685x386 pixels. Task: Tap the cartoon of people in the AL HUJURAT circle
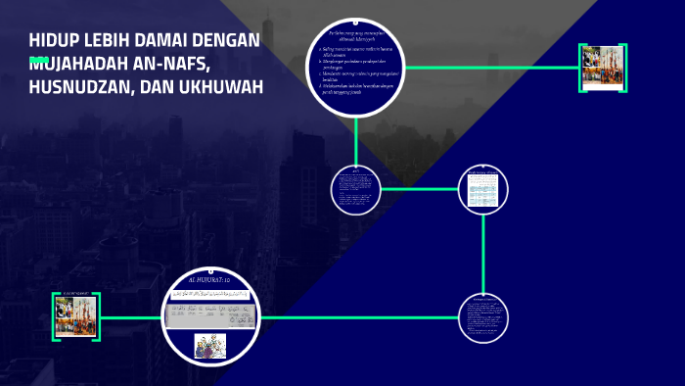(209, 346)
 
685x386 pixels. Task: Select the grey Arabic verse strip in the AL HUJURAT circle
(209, 316)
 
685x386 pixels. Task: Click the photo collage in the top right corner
(603, 68)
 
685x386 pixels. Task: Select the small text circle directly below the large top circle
(357, 189)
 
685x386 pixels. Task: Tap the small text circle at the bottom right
(484, 316)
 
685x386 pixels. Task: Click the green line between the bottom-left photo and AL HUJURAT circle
(132, 316)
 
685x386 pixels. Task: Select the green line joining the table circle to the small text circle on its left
(421, 189)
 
